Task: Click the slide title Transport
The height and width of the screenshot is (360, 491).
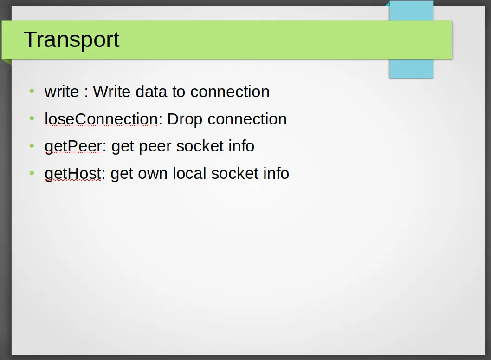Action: point(71,39)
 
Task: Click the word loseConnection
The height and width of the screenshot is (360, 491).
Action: point(101,119)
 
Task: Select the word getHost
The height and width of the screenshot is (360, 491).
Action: point(73,174)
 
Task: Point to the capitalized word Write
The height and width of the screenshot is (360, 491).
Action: point(111,92)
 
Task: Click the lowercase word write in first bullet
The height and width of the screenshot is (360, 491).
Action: point(62,92)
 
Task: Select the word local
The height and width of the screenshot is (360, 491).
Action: point(189,173)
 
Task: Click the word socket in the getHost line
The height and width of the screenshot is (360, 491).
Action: point(234,173)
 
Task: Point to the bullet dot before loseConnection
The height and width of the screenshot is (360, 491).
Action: point(32,118)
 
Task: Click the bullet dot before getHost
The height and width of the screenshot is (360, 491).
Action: point(32,173)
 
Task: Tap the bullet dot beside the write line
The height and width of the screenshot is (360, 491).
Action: point(32,91)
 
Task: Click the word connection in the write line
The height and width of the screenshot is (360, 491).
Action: point(230,92)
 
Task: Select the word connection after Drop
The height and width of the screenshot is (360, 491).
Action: point(247,119)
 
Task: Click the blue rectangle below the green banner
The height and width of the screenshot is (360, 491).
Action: point(411,69)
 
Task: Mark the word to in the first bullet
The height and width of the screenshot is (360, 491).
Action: point(179,92)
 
